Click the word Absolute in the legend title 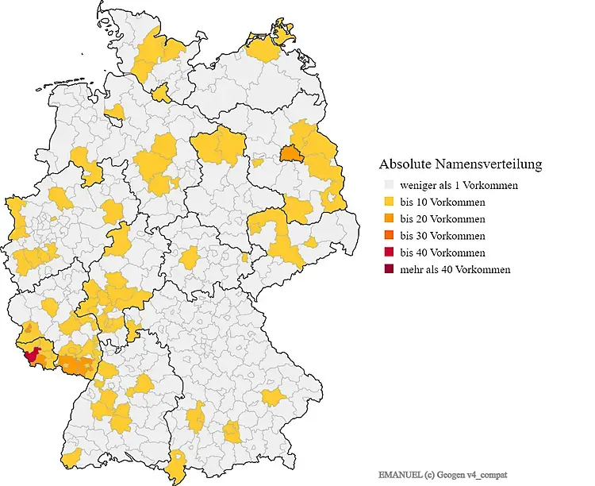click(407, 164)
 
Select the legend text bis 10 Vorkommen click(443, 202)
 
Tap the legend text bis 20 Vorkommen click(443, 218)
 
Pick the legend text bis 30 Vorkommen click(443, 236)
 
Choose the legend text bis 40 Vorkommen click(443, 253)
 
